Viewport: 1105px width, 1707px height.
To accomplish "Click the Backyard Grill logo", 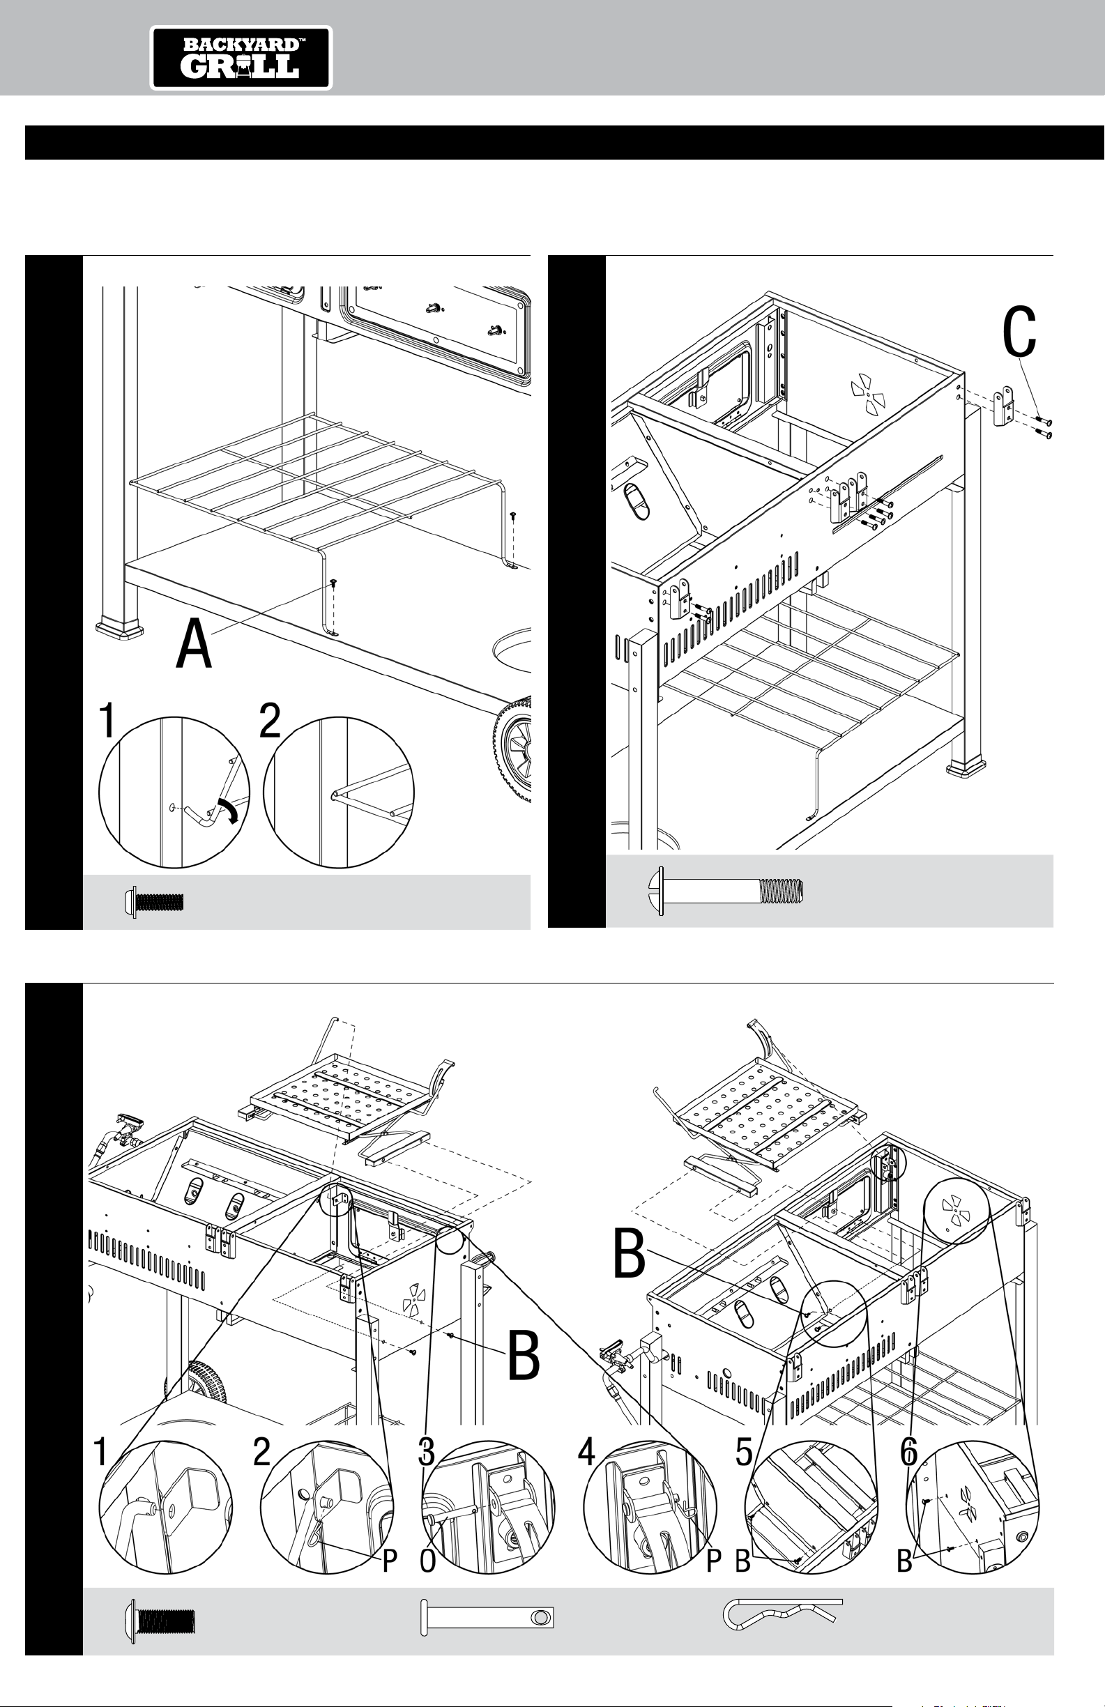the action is point(241,58).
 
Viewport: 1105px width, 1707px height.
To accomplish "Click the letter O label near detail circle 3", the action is point(427,1562).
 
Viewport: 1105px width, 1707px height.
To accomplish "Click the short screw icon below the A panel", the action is point(154,901).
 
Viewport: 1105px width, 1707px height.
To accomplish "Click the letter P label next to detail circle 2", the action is point(389,1562).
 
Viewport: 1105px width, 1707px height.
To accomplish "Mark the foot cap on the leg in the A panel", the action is point(119,628).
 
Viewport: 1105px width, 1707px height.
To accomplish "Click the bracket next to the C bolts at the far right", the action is point(1003,410).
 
